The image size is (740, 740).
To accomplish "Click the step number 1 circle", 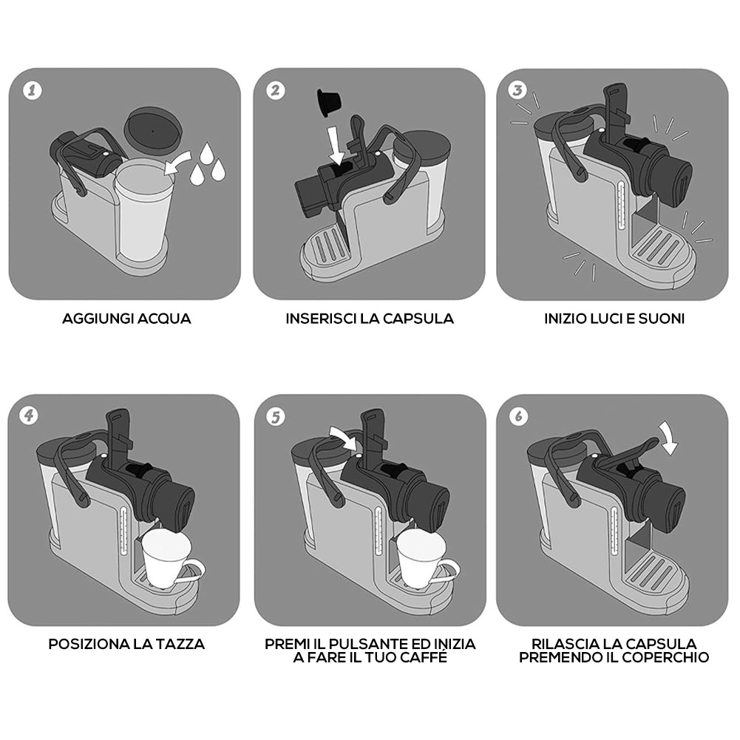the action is point(32,90).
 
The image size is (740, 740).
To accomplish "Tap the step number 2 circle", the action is point(276,90).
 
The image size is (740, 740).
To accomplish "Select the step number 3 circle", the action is point(517,89).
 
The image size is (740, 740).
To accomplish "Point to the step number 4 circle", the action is point(30,415).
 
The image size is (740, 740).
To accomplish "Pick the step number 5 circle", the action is point(276,417).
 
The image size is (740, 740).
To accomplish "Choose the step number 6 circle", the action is point(519,416).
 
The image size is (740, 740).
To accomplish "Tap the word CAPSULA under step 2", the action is point(418,319).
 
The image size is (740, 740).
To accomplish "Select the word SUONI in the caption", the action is point(661,319).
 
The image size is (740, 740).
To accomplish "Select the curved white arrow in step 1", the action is point(178,163).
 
